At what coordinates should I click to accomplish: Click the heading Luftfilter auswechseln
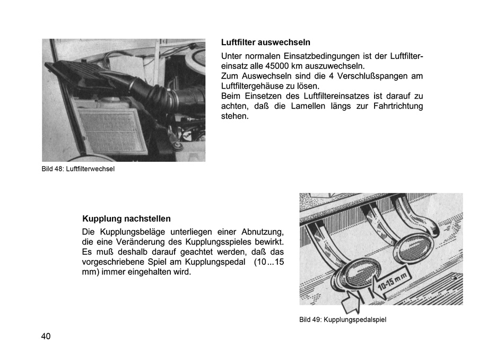(265, 42)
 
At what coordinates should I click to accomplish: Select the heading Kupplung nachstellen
(126, 219)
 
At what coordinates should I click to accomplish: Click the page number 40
(46, 336)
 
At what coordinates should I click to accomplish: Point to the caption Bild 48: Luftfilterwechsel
(78, 169)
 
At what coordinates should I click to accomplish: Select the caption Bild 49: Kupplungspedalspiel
(342, 319)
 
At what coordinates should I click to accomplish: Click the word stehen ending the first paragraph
(234, 116)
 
